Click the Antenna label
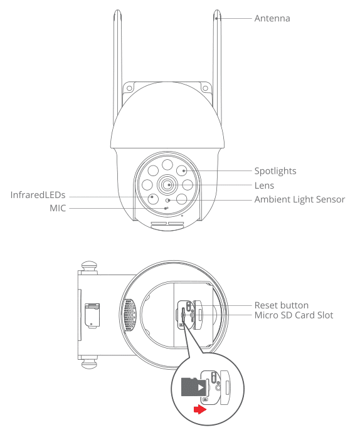tap(272, 19)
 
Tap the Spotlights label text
tap(275, 170)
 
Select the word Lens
tap(264, 186)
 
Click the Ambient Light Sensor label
tap(300, 200)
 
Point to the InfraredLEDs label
tap(38, 195)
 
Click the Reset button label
tap(281, 305)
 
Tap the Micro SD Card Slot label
tap(294, 315)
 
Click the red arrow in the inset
tap(199, 409)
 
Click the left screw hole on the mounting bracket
tap(129, 88)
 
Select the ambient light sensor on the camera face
tap(167, 201)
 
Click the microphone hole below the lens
tap(166, 207)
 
